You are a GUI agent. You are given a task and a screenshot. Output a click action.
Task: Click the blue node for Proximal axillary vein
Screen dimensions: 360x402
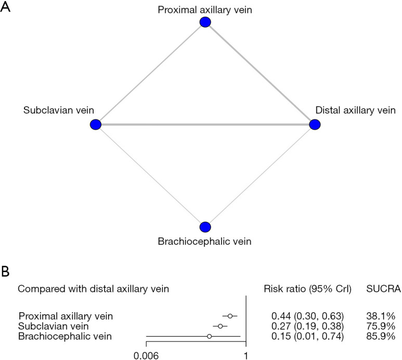205,22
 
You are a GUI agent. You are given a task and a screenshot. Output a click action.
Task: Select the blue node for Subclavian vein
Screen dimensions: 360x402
95,125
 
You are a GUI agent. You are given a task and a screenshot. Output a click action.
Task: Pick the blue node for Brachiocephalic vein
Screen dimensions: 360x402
205,227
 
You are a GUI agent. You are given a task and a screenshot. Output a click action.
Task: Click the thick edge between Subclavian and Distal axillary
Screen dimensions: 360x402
205,125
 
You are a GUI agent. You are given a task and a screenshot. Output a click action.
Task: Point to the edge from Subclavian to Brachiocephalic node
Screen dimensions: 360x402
150,176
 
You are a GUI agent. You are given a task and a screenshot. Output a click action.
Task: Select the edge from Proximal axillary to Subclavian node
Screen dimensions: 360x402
150,73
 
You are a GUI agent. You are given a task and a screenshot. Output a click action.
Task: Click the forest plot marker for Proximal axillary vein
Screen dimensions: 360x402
230,316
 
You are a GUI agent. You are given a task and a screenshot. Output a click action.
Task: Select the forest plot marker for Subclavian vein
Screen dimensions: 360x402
221,326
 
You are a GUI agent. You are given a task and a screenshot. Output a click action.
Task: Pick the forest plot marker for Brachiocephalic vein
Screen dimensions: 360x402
209,337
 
